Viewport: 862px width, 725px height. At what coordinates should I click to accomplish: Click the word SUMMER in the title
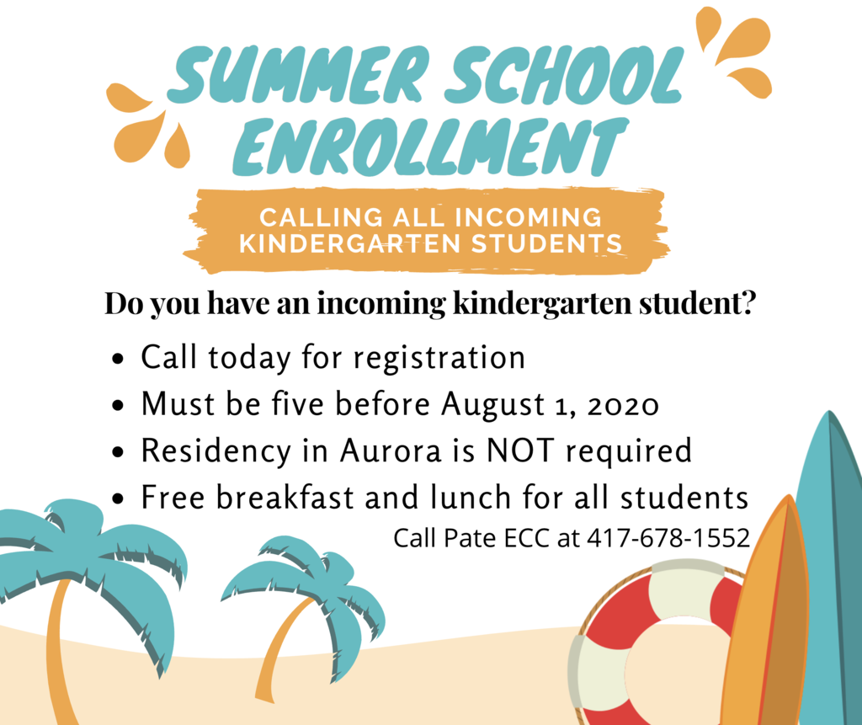[x=300, y=74]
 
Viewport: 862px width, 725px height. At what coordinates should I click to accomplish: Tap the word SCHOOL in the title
[x=564, y=74]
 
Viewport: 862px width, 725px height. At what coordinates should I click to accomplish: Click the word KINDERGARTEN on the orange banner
[x=349, y=243]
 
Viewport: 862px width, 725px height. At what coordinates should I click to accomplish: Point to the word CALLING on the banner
[x=321, y=217]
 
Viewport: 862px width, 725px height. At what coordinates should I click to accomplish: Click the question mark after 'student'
[x=748, y=302]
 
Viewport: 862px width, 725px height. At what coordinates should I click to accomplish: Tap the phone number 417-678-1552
[x=668, y=538]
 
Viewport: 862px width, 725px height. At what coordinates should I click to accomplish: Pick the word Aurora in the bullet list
[x=391, y=450]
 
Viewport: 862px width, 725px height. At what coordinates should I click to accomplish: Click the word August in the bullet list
[x=493, y=405]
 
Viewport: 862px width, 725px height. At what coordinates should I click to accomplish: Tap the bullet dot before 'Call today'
[x=118, y=360]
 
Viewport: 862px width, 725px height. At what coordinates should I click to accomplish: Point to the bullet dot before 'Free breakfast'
[x=118, y=499]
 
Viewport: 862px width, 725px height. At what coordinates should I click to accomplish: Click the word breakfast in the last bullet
[x=285, y=498]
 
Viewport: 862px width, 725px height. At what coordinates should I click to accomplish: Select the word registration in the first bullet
[x=439, y=359]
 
